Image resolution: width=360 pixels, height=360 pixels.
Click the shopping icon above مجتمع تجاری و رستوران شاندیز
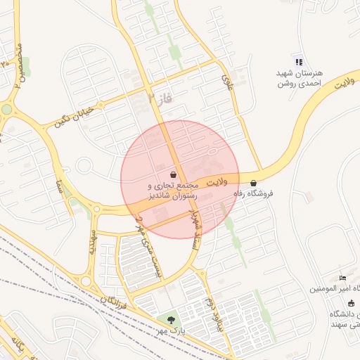pyautogui.click(x=174, y=174)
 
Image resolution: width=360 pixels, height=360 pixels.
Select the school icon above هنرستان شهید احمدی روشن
pyautogui.click(x=299, y=62)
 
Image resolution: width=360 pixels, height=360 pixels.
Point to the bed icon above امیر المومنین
pyautogui.click(x=342, y=278)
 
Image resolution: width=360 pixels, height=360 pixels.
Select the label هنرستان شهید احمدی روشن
pyautogui.click(x=299, y=78)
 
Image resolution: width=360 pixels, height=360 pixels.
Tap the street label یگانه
pyautogui.click(x=15, y=345)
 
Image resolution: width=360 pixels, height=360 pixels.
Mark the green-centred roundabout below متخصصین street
pyautogui.click(x=7, y=110)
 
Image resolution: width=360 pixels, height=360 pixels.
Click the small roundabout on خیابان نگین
pyautogui.click(x=85, y=167)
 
